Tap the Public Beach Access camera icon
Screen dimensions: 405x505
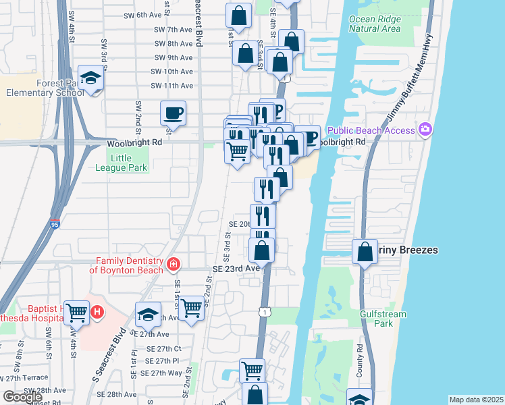425,129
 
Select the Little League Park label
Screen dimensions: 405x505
119,163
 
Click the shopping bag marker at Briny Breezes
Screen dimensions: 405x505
365,252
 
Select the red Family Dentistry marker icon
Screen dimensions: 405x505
174,264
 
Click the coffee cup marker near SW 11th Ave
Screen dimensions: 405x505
174,113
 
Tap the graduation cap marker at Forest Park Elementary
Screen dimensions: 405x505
90,78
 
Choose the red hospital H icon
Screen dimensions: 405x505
97,312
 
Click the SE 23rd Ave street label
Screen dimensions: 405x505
236,268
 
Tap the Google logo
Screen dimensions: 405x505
23,397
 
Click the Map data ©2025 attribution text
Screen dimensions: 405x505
476,400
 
